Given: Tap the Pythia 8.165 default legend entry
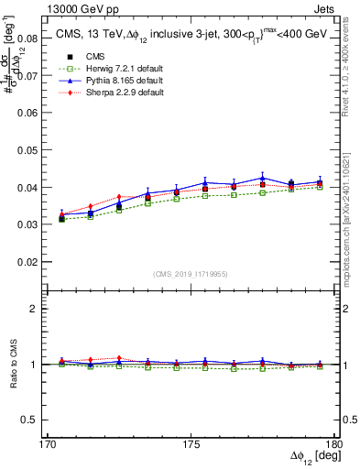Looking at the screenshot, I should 115,82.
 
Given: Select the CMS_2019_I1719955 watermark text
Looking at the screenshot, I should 191,273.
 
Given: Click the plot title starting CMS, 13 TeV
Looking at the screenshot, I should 191,34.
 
